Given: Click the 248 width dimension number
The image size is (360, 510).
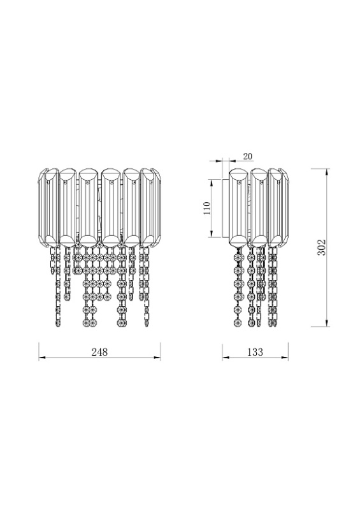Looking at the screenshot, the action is tap(99, 352).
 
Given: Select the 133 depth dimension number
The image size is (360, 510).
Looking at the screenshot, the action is tap(255, 352).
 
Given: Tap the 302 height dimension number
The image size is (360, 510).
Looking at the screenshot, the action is tap(321, 247).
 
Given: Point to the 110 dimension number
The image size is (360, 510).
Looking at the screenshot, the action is tap(207, 208).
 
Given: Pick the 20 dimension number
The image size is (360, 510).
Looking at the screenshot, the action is tap(247, 156).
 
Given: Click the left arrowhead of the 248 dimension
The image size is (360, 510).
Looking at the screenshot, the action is tap(41, 358).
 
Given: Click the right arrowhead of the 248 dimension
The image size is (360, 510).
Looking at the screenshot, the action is tap(158, 358).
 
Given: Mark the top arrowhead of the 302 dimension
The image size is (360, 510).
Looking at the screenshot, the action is tap(326, 171).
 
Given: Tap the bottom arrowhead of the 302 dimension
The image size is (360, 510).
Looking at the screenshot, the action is tap(326, 324).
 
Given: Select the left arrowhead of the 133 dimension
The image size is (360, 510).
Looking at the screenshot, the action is tap(225, 358).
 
